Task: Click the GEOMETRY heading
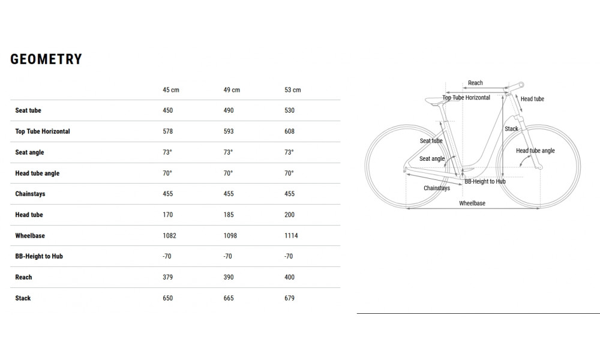46,59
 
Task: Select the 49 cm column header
232,90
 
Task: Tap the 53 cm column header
292,90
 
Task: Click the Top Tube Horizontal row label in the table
43,131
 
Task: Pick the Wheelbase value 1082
169,236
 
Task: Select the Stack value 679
289,298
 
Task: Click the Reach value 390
229,277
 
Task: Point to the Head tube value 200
289,215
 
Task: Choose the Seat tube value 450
167,110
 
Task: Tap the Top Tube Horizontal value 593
229,131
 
